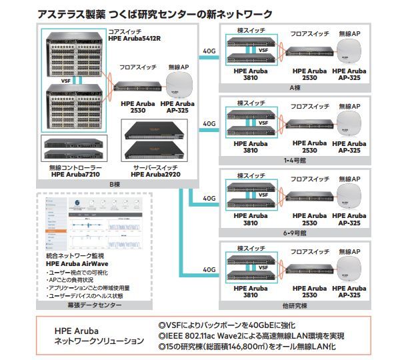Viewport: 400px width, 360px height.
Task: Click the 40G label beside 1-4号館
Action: [209, 123]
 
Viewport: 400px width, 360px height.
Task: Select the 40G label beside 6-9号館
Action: [209, 198]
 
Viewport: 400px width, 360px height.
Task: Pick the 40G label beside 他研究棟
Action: [209, 270]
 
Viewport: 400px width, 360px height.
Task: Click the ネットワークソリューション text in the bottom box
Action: [98, 342]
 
